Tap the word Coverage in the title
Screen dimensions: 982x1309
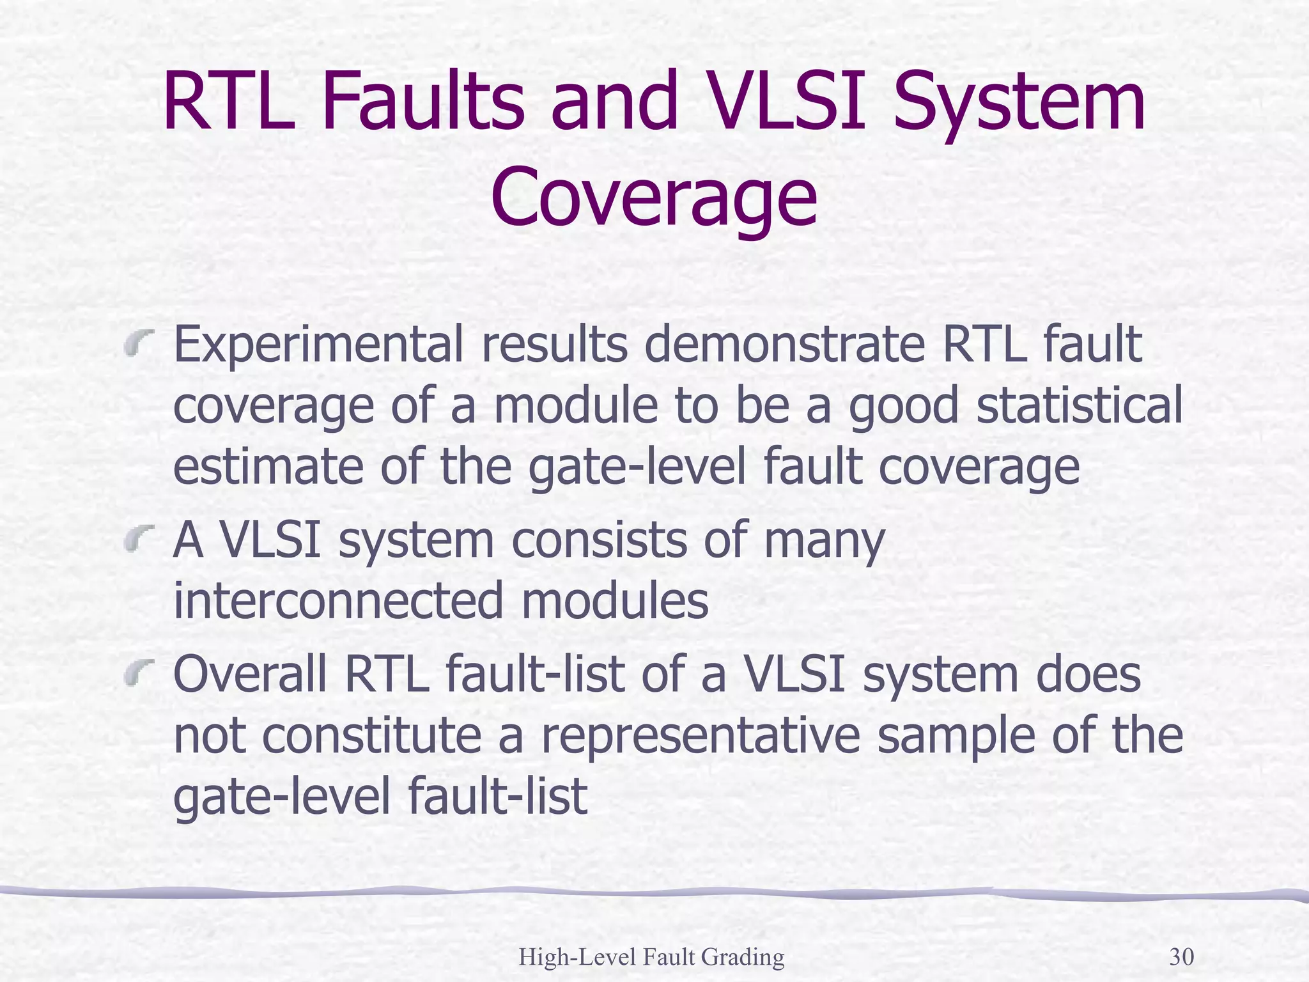[654, 198]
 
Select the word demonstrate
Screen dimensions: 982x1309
[784, 345]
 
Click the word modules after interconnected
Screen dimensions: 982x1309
[615, 601]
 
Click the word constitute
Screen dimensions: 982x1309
[371, 736]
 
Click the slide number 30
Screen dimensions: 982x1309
[1181, 957]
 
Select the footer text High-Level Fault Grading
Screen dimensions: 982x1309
[651, 957]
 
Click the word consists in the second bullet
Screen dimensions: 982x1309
[600, 540]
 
